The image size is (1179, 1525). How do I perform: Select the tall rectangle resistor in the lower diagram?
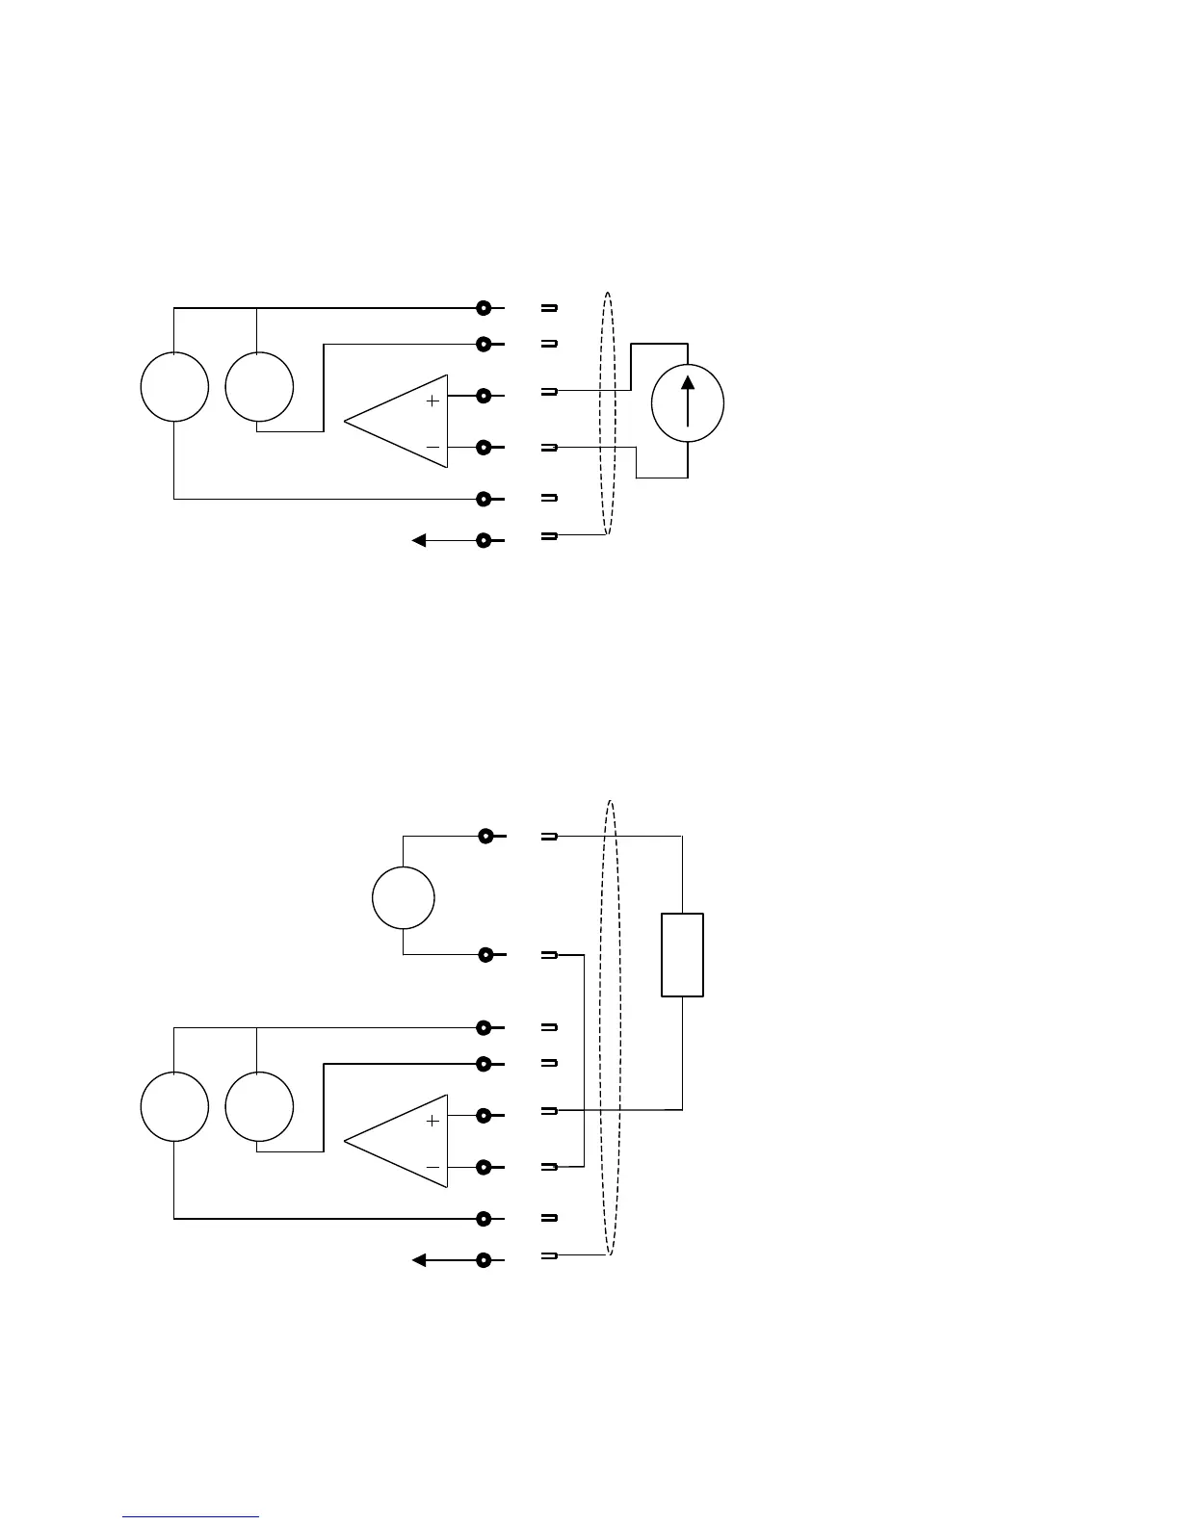(682, 954)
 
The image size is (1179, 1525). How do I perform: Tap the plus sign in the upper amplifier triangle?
(432, 401)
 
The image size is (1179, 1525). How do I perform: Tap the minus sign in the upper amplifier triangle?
(432, 447)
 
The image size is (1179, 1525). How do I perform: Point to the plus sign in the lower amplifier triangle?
(432, 1121)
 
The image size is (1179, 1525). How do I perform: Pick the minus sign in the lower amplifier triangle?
(432, 1167)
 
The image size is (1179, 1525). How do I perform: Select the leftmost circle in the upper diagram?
(174, 387)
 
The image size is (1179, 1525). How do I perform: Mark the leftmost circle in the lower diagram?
(174, 1107)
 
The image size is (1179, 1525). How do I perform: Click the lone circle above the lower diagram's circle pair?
(404, 897)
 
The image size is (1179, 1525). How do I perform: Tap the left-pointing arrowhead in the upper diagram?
(419, 541)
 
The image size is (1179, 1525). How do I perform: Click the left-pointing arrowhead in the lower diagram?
(419, 1260)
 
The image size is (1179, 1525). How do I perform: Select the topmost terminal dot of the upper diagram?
(484, 308)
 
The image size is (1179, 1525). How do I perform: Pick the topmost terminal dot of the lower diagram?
(485, 836)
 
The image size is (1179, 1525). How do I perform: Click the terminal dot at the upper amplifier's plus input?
(484, 395)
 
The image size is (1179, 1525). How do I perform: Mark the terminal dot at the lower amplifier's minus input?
(484, 1167)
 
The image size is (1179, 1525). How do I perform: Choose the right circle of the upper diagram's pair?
(259, 387)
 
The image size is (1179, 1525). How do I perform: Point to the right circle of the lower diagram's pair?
(259, 1107)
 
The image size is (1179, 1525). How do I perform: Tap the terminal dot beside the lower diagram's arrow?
(484, 1260)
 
